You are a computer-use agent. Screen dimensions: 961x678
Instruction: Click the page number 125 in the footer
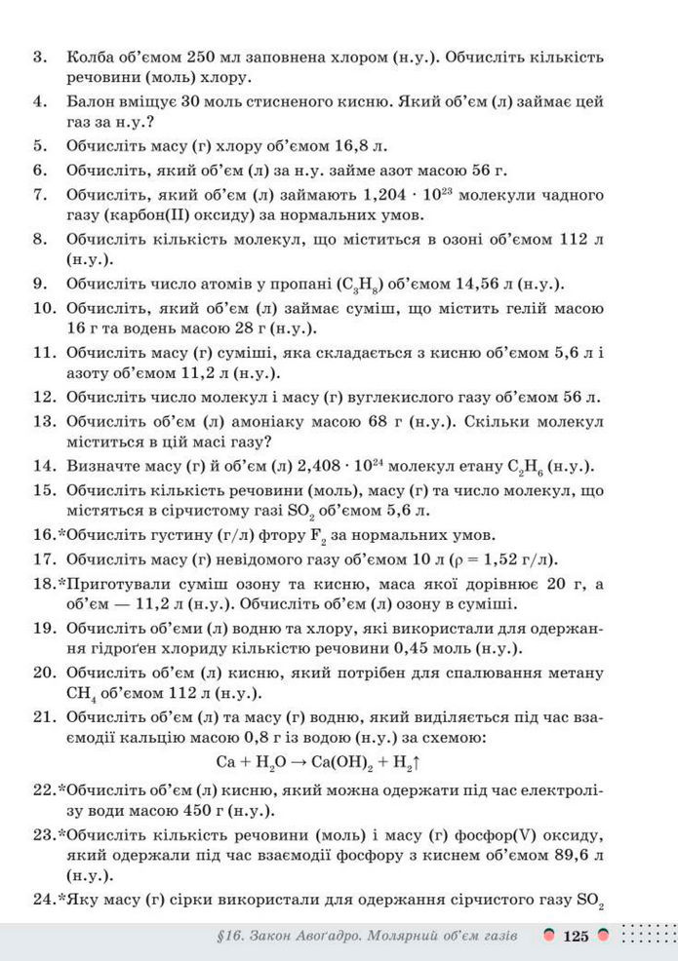pyautogui.click(x=576, y=937)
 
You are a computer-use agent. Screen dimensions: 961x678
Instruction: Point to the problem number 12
pyautogui.click(x=41, y=396)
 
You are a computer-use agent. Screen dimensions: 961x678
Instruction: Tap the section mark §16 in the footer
pyautogui.click(x=230, y=937)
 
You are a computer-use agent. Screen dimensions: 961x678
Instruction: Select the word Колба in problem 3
pyautogui.click(x=90, y=58)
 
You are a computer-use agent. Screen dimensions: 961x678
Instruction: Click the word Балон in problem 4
pyautogui.click(x=91, y=101)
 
